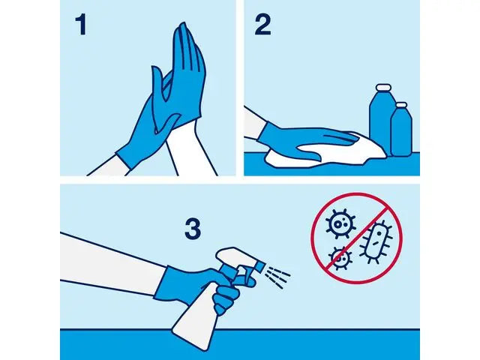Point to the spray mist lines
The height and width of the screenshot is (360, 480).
pyautogui.click(x=277, y=277)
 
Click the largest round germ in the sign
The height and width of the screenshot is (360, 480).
pyautogui.click(x=342, y=223)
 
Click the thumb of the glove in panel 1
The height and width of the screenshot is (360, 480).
pyautogui.click(x=158, y=83)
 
